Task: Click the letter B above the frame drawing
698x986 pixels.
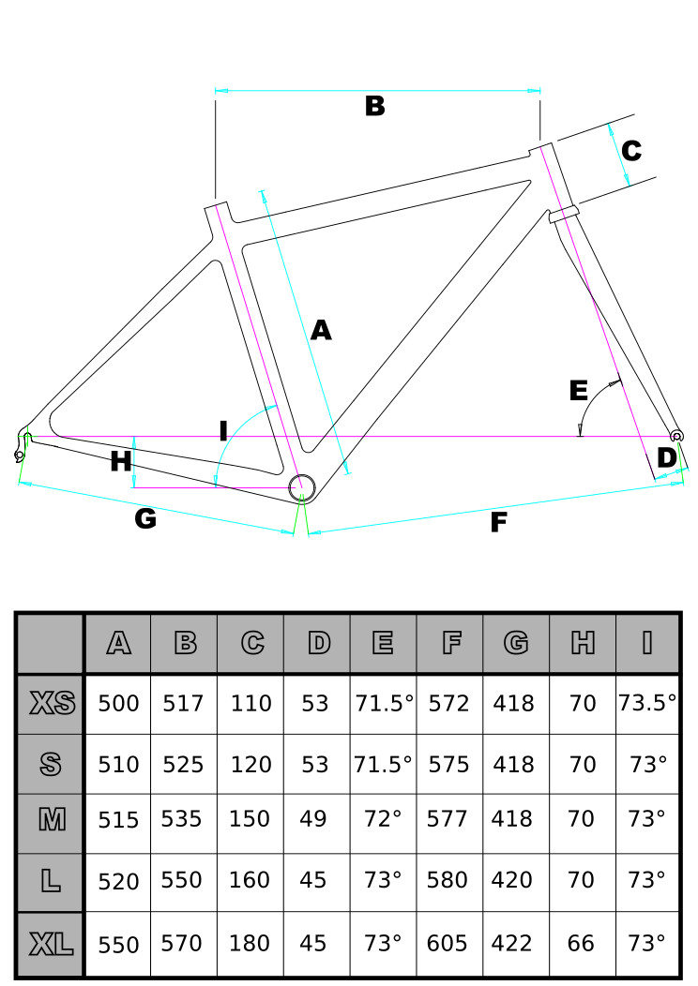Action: point(374,106)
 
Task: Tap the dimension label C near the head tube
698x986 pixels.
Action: point(631,150)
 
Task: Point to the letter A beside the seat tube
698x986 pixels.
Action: point(320,330)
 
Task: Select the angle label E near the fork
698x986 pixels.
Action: point(579,391)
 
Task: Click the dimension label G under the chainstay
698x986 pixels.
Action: point(145,518)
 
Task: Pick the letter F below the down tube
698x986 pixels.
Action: point(498,522)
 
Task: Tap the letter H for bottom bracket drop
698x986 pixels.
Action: point(121,461)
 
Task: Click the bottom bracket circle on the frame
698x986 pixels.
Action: point(301,486)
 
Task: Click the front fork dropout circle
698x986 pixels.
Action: point(676,436)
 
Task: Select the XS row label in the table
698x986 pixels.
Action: point(53,703)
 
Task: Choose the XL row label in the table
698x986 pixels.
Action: point(51,944)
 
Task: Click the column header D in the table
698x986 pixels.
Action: point(319,643)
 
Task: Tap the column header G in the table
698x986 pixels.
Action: point(516,643)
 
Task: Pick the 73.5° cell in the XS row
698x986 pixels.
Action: point(647,702)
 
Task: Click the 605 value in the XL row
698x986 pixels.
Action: point(447,943)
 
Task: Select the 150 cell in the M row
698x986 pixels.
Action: point(250,819)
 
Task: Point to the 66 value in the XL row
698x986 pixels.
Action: point(581,943)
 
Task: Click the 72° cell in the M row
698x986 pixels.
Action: point(383,819)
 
